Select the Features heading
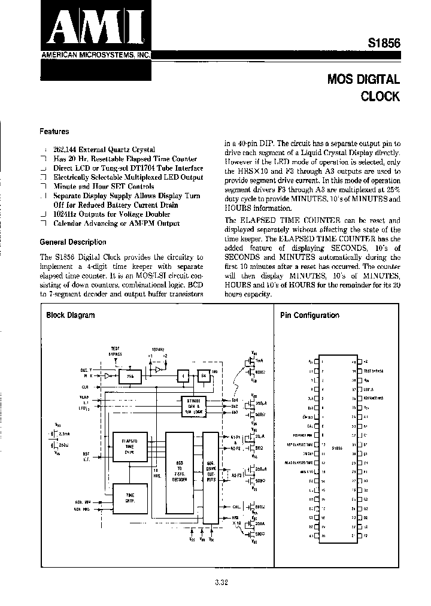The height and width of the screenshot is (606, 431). tap(54, 131)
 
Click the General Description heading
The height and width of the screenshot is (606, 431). tap(72, 242)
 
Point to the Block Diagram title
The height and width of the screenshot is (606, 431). tap(71, 315)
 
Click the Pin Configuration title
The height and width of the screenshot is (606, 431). tap(309, 315)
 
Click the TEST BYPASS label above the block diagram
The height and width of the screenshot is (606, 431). tap(116, 351)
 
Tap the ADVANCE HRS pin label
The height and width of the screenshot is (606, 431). tap(373, 397)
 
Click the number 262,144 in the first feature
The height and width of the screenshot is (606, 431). tap(66, 150)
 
